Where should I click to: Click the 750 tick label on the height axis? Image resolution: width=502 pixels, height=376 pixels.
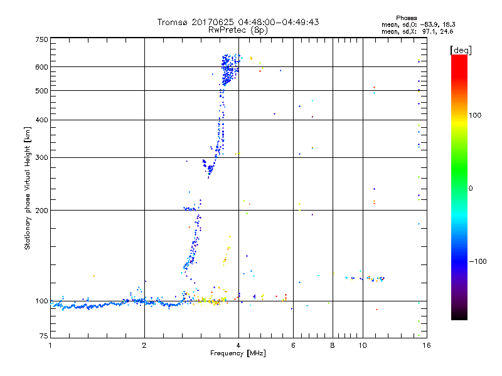pyautogui.click(x=41, y=39)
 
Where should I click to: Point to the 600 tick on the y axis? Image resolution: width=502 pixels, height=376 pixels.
pyautogui.click(x=41, y=66)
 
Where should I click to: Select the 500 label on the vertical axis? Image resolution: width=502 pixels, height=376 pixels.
pyautogui.click(x=41, y=91)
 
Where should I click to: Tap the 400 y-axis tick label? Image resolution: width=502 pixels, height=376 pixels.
pyautogui.click(x=41, y=120)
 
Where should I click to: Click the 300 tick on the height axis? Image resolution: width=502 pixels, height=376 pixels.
pyautogui.click(x=41, y=157)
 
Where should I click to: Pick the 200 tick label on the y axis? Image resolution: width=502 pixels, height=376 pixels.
pyautogui.click(x=41, y=210)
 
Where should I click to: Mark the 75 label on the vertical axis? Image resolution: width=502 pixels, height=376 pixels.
pyautogui.click(x=43, y=337)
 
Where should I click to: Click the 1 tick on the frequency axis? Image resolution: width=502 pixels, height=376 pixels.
pyautogui.click(x=50, y=345)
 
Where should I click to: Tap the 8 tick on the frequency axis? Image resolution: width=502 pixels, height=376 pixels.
pyautogui.click(x=333, y=345)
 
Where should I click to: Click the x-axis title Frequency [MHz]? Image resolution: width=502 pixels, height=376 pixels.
pyautogui.click(x=238, y=354)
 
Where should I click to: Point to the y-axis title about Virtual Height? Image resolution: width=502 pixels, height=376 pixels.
pyautogui.click(x=28, y=188)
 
